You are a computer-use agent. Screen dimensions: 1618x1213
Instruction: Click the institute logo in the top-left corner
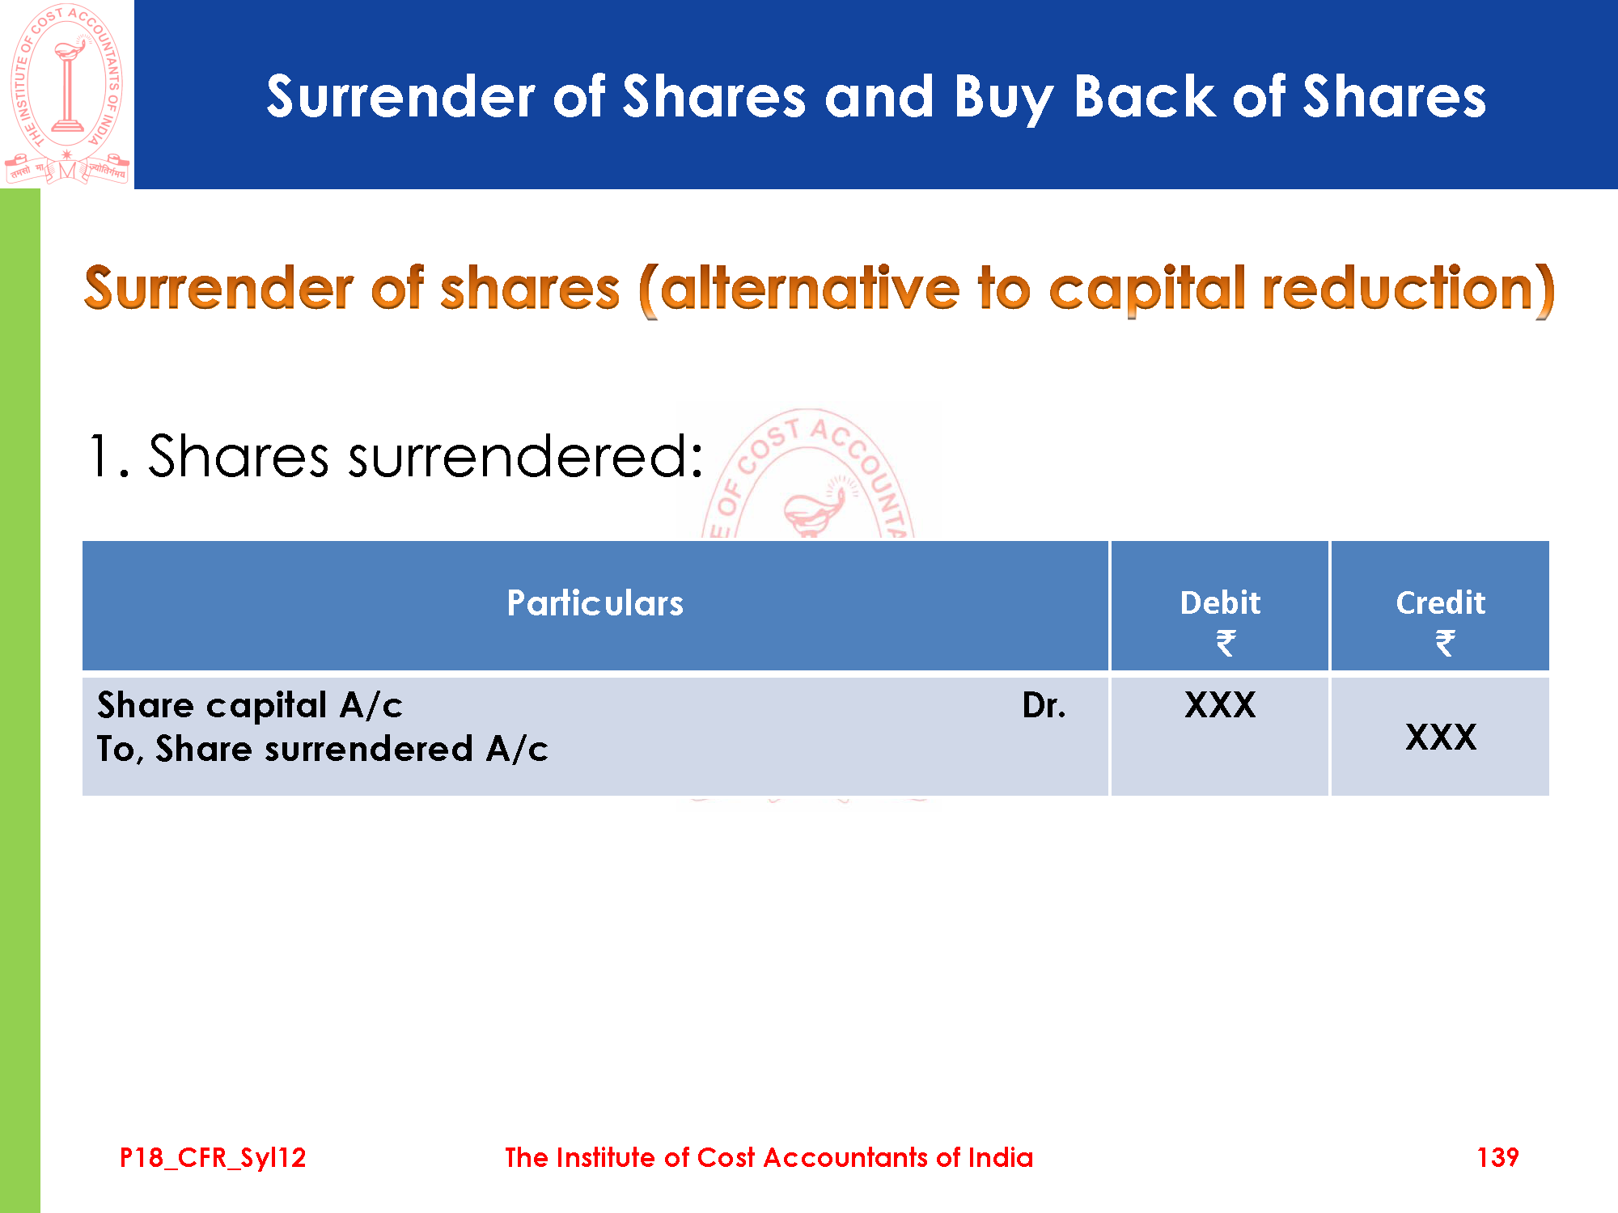pyautogui.click(x=67, y=94)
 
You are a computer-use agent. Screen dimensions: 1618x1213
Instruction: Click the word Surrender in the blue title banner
pyautogui.click(x=400, y=97)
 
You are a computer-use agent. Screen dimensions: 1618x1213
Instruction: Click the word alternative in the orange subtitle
pyautogui.click(x=809, y=289)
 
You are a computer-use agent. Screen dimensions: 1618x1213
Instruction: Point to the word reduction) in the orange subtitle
pyautogui.click(x=1408, y=290)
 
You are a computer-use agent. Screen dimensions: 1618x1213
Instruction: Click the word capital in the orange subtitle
pyautogui.click(x=1147, y=290)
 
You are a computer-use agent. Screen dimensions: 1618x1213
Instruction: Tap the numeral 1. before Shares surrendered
pyautogui.click(x=108, y=456)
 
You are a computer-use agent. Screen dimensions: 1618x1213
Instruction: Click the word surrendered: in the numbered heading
pyautogui.click(x=525, y=456)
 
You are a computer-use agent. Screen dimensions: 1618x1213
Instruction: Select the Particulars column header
pyautogui.click(x=595, y=603)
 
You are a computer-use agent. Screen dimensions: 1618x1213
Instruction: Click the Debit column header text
pyautogui.click(x=1220, y=603)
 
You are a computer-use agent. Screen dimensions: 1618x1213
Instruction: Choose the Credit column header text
pyautogui.click(x=1441, y=603)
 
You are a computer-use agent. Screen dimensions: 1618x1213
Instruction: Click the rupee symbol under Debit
pyautogui.click(x=1226, y=644)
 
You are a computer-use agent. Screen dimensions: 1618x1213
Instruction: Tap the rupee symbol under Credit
pyautogui.click(x=1446, y=644)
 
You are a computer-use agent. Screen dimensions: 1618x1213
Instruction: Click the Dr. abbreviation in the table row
pyautogui.click(x=1044, y=706)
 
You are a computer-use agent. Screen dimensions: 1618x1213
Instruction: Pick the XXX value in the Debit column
pyautogui.click(x=1220, y=705)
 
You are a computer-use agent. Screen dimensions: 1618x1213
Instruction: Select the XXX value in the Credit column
pyautogui.click(x=1441, y=738)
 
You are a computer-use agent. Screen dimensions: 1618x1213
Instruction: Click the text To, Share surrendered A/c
pyautogui.click(x=323, y=750)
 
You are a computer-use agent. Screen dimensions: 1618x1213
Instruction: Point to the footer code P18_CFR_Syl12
pyautogui.click(x=213, y=1158)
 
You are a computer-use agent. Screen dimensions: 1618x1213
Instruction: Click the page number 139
pyautogui.click(x=1497, y=1158)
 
